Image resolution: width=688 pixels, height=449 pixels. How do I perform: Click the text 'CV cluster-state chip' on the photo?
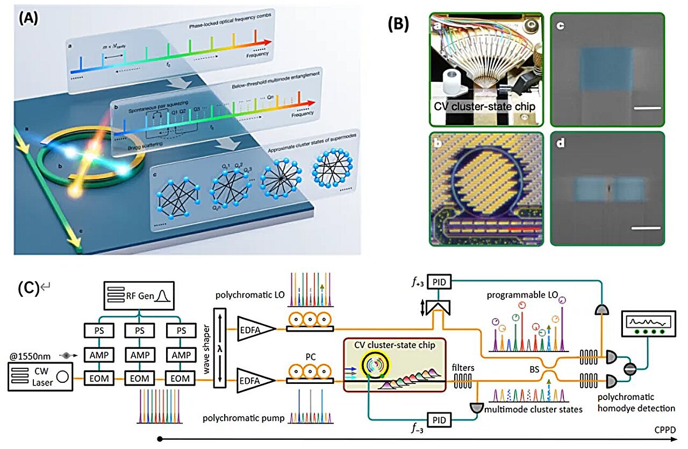pyautogui.click(x=485, y=107)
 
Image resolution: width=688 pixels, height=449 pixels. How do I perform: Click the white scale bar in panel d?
pyautogui.click(x=645, y=228)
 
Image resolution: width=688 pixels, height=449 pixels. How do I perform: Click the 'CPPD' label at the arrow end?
pyautogui.click(x=670, y=430)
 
